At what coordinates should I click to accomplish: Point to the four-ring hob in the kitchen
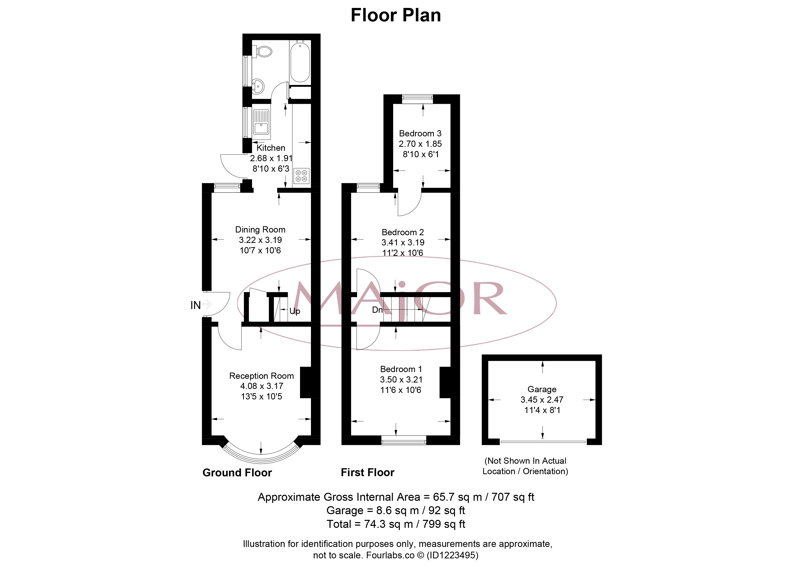[302, 176]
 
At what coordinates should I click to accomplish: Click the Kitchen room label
[271, 148]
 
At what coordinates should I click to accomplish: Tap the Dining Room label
[260, 230]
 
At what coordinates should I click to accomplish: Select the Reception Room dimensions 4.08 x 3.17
[262, 386]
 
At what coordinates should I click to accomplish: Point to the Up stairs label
[295, 311]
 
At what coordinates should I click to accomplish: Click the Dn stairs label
[377, 310]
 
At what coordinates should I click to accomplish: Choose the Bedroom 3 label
[420, 133]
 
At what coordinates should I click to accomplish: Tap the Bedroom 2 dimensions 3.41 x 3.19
[403, 242]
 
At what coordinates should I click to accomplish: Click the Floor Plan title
[396, 15]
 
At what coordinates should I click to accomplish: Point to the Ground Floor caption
[237, 473]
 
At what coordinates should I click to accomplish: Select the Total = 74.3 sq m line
[396, 524]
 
